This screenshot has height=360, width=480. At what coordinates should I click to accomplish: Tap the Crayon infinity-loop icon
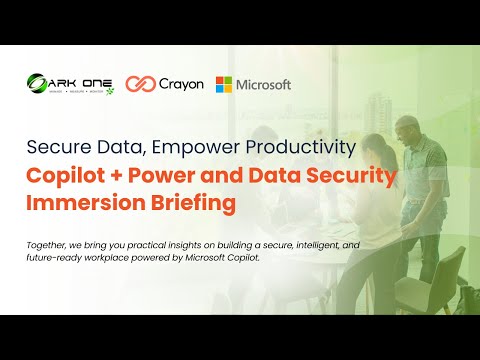[x=139, y=85]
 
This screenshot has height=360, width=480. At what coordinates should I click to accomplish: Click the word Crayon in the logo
[x=180, y=85]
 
